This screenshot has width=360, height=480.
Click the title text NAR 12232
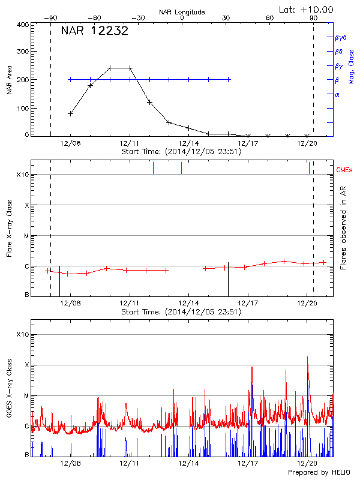tap(94, 31)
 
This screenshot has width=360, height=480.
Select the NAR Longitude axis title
tap(182, 12)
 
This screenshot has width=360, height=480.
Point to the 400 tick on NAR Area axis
tap(23, 25)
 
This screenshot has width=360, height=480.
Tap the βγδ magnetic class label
tap(340, 37)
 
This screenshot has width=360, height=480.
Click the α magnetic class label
tap(337, 95)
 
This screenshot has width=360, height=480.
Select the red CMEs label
tap(345, 171)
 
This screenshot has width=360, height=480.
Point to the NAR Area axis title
tap(9, 80)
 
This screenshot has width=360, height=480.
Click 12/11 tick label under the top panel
tap(129, 143)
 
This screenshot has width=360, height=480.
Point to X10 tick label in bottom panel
tap(23, 334)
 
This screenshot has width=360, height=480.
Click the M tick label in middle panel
tap(26, 236)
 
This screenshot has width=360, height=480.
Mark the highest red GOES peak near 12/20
tap(307, 357)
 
